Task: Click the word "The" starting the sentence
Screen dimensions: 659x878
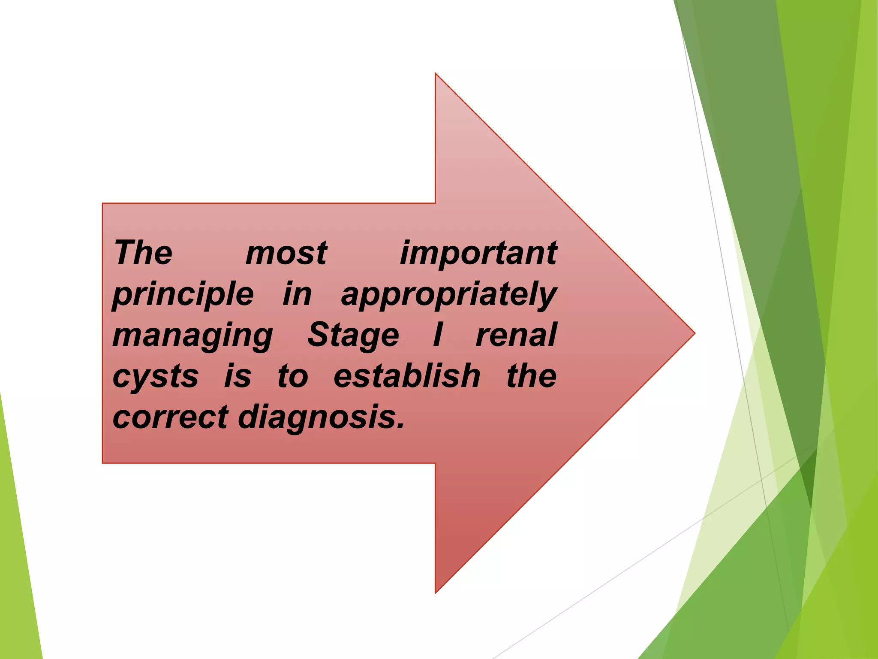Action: click(x=143, y=253)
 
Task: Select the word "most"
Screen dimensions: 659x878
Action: click(x=286, y=253)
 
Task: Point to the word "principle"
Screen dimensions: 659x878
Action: click(x=183, y=295)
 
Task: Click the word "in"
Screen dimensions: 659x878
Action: click(x=297, y=294)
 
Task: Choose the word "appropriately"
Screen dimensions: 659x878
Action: click(x=448, y=295)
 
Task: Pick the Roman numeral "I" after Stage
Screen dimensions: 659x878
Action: click(x=438, y=335)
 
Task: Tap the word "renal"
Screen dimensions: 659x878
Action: click(x=516, y=335)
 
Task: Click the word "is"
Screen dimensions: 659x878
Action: click(x=238, y=376)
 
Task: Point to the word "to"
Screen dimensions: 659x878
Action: click(x=293, y=376)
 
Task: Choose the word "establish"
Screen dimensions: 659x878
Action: click(x=407, y=376)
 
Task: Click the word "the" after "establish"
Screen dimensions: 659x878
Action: click(x=532, y=376)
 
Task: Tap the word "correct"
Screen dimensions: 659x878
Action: click(x=171, y=417)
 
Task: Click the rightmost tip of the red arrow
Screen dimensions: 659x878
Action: click(x=694, y=333)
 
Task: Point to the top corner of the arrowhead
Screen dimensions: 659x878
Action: click(x=436, y=74)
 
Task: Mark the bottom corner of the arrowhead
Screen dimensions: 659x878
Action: click(x=436, y=592)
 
